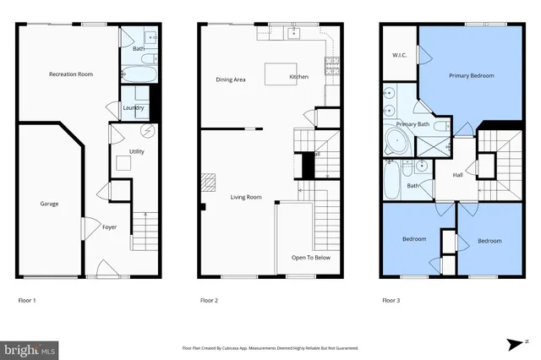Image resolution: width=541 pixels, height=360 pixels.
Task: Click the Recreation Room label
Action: [70, 74]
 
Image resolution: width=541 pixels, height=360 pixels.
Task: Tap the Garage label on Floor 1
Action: [49, 204]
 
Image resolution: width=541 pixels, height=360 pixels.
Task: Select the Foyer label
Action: [110, 227]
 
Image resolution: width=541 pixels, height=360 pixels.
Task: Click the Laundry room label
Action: [134, 107]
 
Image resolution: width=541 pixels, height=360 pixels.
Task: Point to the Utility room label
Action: [136, 150]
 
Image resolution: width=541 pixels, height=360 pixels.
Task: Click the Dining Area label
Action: [231, 79]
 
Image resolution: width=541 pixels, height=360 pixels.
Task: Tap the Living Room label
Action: [246, 197]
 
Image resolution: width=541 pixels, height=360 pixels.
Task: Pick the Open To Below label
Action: [310, 257]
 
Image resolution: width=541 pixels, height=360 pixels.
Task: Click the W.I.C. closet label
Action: [400, 56]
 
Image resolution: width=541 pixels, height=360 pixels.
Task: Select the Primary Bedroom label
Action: [471, 75]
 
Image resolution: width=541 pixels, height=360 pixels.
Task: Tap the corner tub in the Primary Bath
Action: [396, 141]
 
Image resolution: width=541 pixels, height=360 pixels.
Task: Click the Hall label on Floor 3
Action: [457, 175]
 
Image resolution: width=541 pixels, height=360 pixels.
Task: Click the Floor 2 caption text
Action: [209, 300]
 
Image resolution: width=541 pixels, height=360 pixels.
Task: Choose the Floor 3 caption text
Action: [391, 300]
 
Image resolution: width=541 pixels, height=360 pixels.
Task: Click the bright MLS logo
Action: [30, 347]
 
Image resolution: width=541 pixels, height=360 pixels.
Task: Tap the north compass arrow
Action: [516, 343]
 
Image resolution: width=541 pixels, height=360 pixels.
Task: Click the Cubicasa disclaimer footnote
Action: [270, 347]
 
